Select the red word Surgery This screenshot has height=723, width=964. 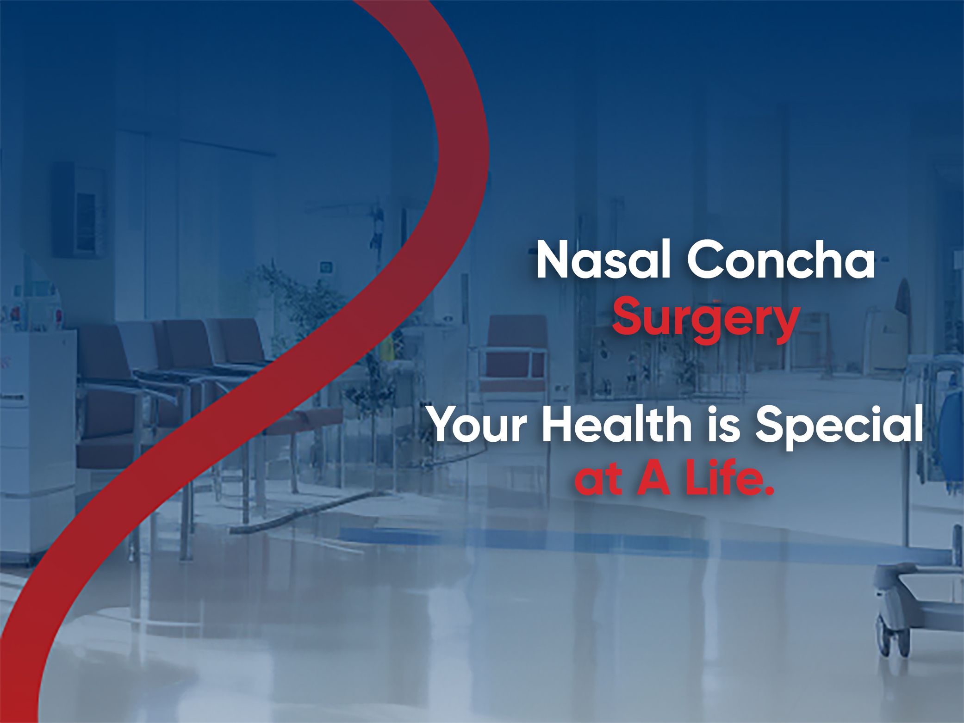tap(706, 319)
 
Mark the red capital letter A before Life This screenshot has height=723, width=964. tap(653, 478)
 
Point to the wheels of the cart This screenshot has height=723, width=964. tap(893, 641)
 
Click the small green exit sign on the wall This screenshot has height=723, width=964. tap(326, 267)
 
